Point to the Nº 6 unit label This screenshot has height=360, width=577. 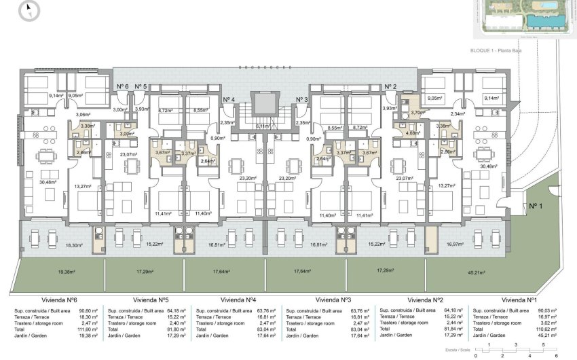[x=122, y=86]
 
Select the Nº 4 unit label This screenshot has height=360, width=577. [x=229, y=100]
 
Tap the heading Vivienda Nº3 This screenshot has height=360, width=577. [x=333, y=300]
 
